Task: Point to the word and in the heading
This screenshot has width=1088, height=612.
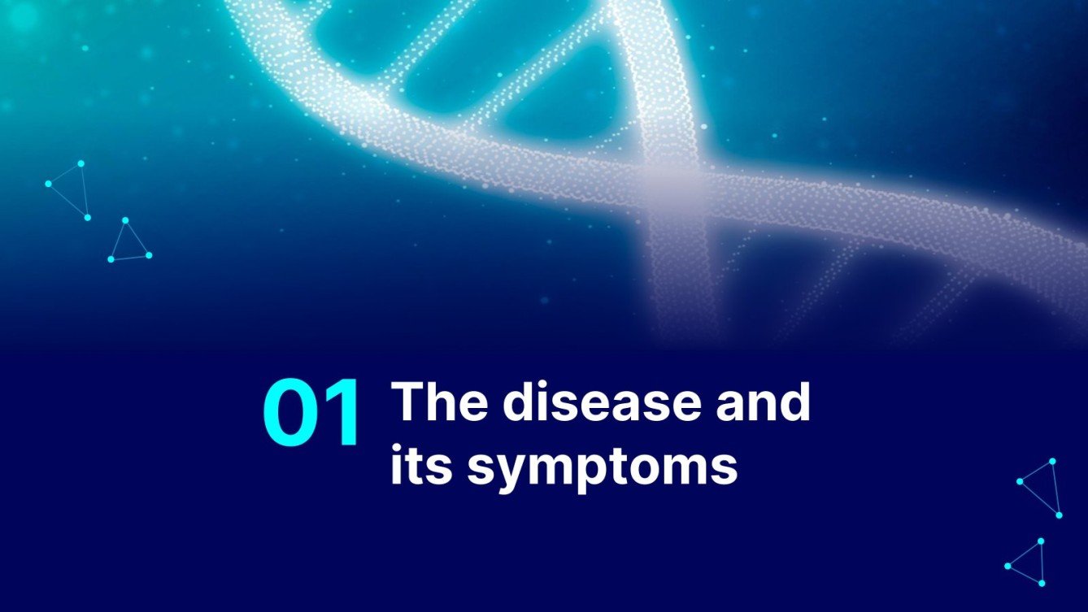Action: click(x=763, y=402)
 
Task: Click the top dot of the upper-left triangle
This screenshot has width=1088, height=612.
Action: click(x=81, y=163)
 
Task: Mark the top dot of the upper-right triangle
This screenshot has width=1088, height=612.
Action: click(x=1052, y=461)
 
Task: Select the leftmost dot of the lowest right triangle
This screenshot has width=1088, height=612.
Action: click(x=1007, y=566)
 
